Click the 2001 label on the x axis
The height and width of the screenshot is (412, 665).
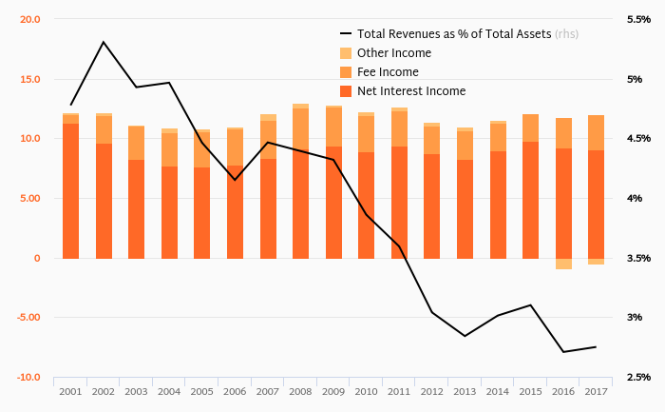70,391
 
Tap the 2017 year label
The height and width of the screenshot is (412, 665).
596,391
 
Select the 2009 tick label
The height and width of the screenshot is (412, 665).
332,391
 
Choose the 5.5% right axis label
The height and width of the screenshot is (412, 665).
638,19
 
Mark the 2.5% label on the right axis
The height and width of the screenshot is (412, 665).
638,378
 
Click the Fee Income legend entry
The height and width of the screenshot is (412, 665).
388,72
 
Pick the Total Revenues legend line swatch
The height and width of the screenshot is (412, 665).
346,33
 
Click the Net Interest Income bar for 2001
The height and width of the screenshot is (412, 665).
70,190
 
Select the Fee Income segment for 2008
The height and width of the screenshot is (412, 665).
300,130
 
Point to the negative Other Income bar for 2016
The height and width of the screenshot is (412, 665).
563,264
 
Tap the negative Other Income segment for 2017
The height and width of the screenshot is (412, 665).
596,262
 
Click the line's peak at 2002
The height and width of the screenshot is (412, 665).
103,42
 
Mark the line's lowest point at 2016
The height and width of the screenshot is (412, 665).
563,352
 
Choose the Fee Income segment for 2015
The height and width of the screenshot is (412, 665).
530,128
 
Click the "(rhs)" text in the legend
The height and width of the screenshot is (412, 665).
567,34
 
